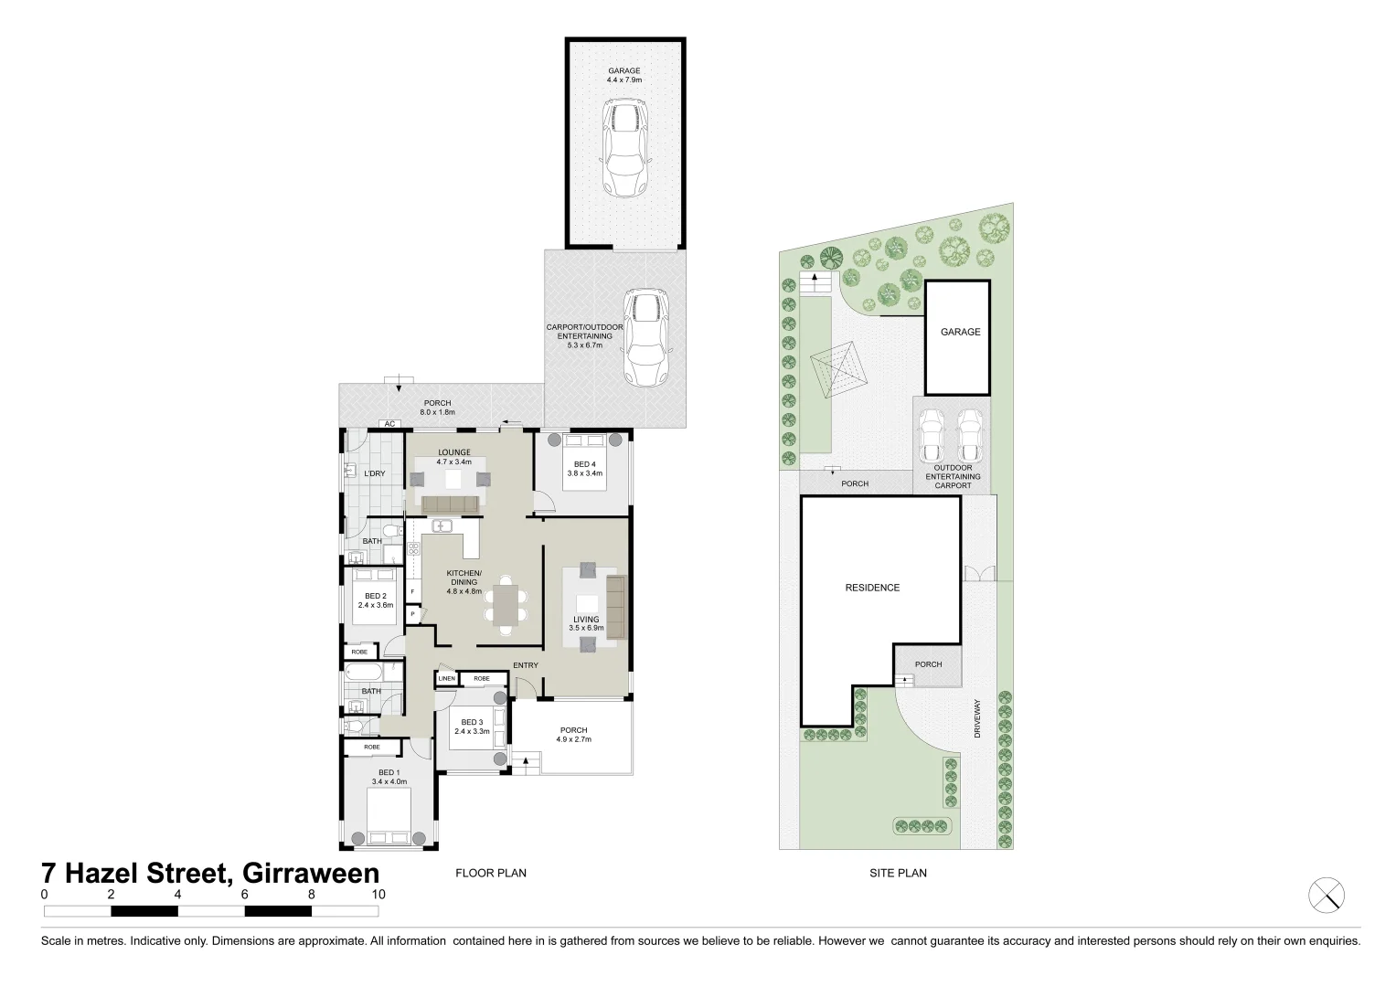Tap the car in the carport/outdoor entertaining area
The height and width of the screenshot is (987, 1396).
645,339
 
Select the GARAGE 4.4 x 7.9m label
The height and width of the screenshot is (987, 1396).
624,75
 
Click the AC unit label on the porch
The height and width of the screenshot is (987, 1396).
389,424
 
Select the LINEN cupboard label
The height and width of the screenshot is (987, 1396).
446,679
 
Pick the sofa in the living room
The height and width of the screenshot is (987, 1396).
614,607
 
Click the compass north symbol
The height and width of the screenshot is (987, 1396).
1327,894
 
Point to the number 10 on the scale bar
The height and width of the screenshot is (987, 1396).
378,895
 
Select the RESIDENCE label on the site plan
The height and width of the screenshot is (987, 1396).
872,588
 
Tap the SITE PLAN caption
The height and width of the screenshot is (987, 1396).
898,873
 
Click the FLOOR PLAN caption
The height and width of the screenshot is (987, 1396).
491,873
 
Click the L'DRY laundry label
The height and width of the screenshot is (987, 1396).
375,473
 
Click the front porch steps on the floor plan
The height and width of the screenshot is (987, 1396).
523,761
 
